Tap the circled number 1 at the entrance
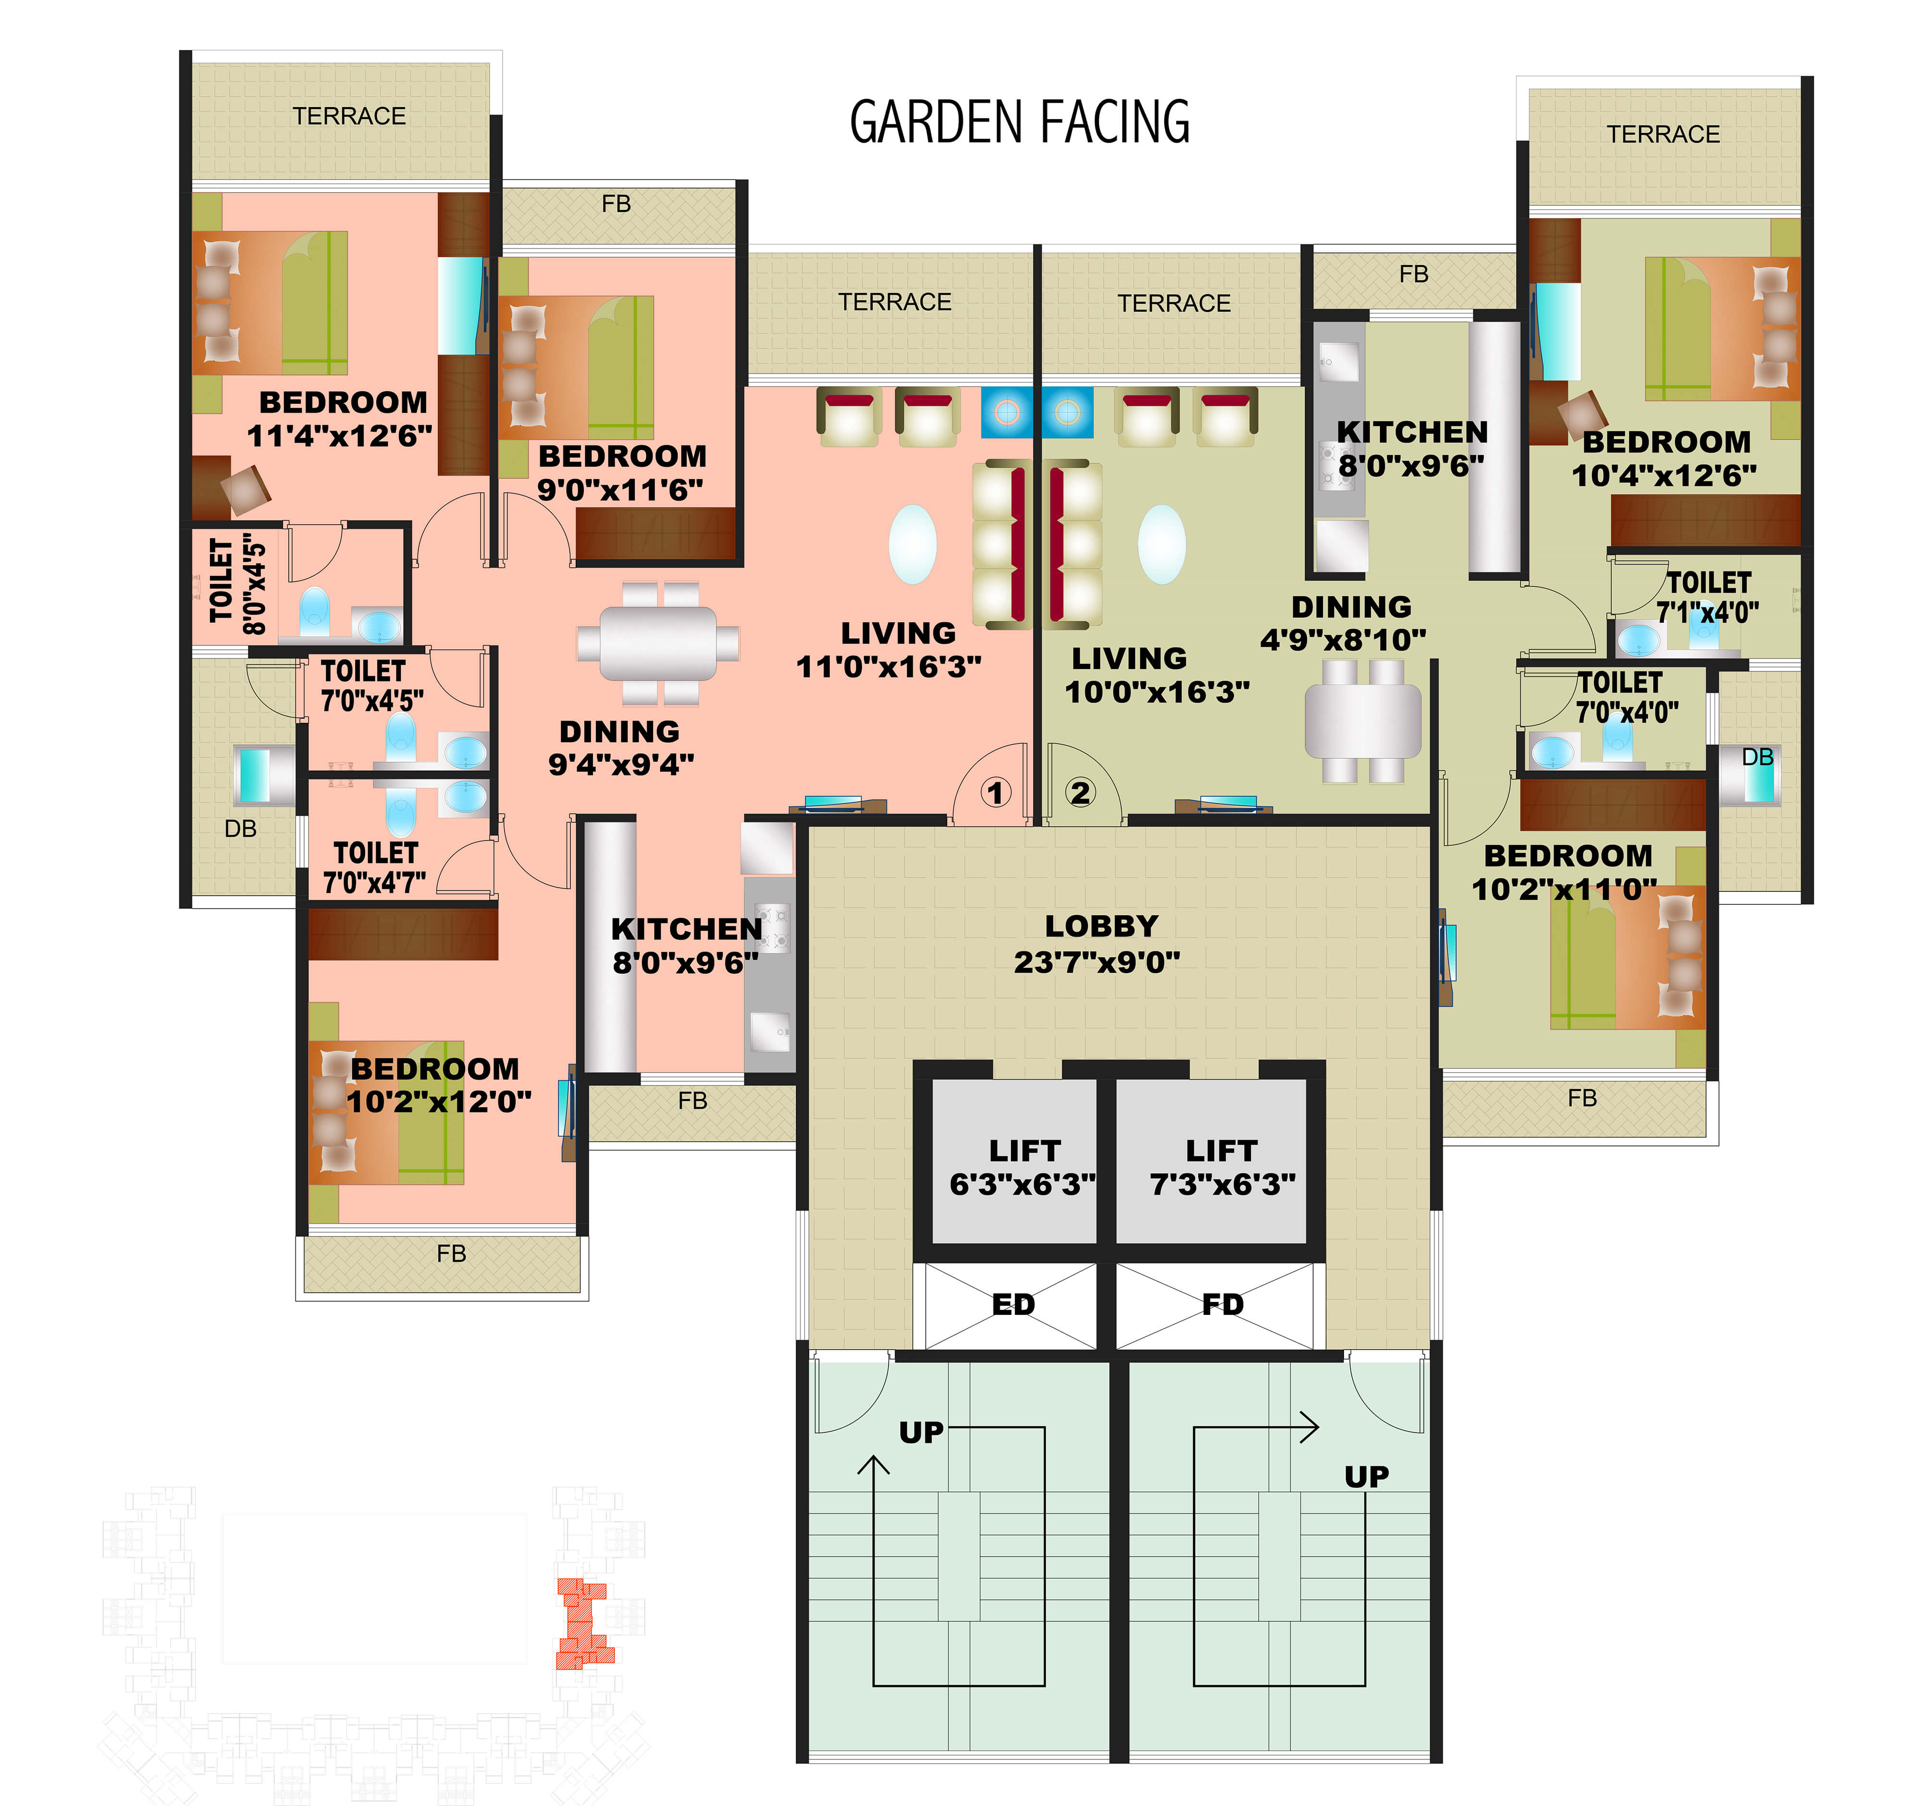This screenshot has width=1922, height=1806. coord(996,793)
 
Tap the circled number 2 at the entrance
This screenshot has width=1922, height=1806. coord(1080,793)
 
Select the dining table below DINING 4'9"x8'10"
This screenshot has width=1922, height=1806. coord(1363,720)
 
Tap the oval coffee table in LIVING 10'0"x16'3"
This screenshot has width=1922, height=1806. coord(1162,544)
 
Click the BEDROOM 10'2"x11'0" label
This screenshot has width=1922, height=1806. coord(1566,872)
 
